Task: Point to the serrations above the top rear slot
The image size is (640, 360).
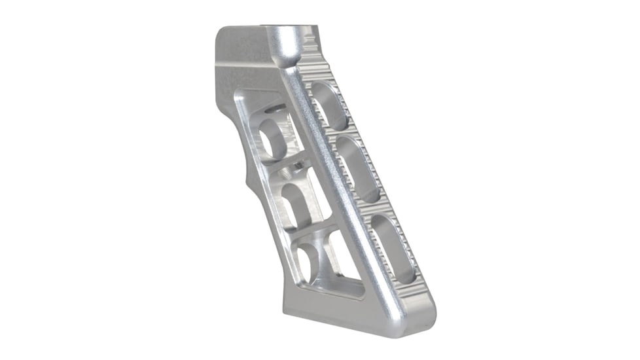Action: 314,69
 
